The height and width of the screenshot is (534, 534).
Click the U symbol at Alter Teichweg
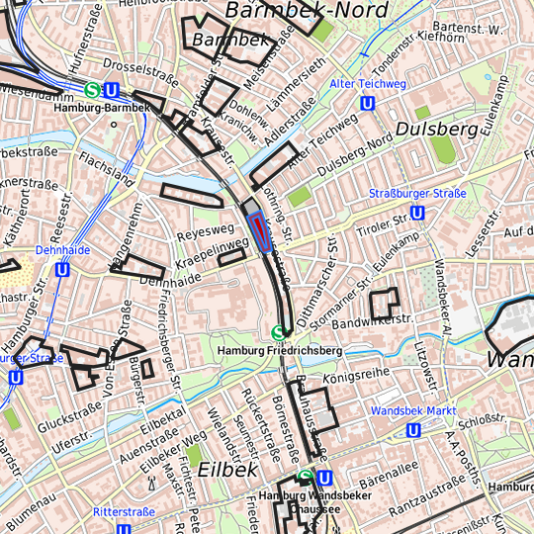coord(368,102)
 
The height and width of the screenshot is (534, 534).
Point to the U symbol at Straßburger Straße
coord(417,212)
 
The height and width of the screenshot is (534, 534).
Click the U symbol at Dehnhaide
coord(62,269)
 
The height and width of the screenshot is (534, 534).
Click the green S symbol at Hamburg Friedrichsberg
coord(279,333)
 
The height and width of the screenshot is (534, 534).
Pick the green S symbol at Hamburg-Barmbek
coord(92,90)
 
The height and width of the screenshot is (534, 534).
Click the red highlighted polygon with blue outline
coord(260,231)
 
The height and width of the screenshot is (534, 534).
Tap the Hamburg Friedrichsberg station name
coord(280,351)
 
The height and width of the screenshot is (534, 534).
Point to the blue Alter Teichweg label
coord(368,84)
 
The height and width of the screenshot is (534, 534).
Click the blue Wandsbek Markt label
coord(412,409)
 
